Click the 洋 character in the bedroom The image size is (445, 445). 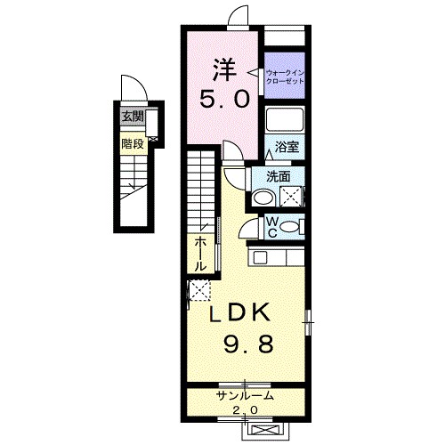coord(222,69)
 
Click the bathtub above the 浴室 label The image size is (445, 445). coord(286,122)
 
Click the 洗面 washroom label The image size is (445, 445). coord(278,176)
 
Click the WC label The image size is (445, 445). coord(272,227)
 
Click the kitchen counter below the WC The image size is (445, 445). coord(278,257)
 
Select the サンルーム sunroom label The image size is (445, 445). coord(244,395)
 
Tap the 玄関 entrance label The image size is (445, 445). coord(132,115)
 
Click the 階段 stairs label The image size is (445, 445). coord(132,142)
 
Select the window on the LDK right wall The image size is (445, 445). coord(308,321)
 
